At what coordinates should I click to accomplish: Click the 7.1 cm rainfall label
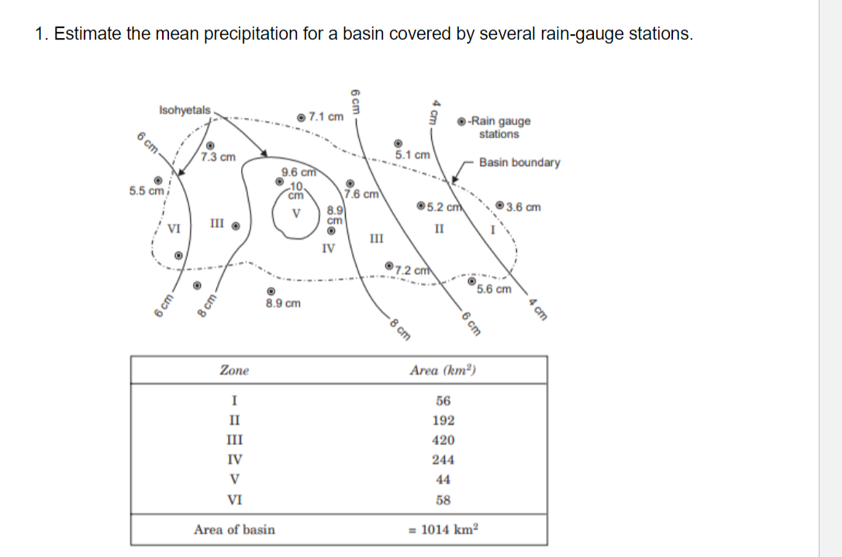click(x=326, y=117)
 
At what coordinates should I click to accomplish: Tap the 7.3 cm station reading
click(x=217, y=157)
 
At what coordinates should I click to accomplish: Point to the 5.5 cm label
click(x=146, y=190)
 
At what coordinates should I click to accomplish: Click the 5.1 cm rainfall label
click(x=413, y=154)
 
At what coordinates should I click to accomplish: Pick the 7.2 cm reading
click(x=412, y=271)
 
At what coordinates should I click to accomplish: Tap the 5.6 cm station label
click(x=494, y=289)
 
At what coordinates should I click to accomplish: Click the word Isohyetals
click(x=184, y=110)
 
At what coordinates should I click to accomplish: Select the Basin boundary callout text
click(x=519, y=162)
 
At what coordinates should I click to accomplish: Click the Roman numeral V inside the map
click(x=295, y=213)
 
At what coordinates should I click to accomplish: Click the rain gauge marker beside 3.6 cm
click(x=502, y=206)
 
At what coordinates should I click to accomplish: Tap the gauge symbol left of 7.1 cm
click(x=301, y=117)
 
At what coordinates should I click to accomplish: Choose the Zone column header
click(x=234, y=370)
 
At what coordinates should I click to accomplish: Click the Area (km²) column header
click(x=443, y=370)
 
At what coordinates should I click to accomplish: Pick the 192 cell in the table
click(x=443, y=420)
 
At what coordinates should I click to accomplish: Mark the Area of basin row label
click(x=234, y=529)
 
